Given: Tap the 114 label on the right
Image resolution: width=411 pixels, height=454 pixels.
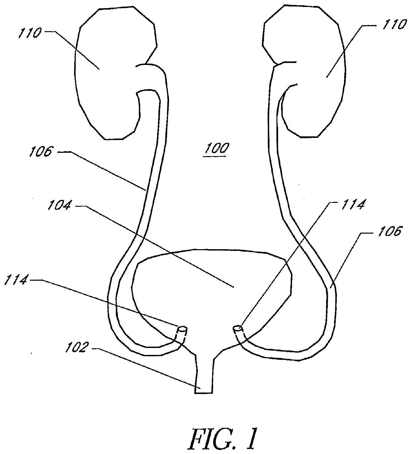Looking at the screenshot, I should click(351, 204).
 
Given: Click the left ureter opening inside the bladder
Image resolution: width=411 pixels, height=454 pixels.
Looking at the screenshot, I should click(182, 330).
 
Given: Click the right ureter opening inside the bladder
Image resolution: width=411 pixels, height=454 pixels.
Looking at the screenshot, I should click(238, 329).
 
